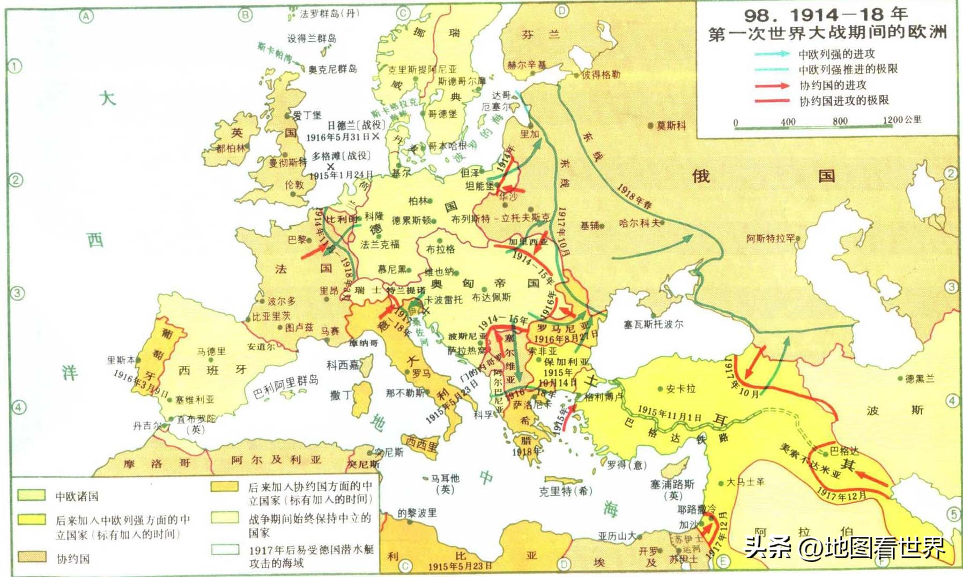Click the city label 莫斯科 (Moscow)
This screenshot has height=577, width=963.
click(x=671, y=126)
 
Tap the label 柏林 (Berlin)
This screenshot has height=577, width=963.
click(x=418, y=201)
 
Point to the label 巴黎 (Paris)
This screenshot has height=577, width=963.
click(x=297, y=239)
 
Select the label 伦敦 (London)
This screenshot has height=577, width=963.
click(x=294, y=185)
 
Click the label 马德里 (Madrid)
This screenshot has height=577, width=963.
click(x=211, y=351)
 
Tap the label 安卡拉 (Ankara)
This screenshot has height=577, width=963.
click(x=680, y=389)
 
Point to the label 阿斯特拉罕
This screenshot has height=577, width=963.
click(x=771, y=238)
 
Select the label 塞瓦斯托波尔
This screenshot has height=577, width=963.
click(x=653, y=324)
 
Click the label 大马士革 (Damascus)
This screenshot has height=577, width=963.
click(x=745, y=482)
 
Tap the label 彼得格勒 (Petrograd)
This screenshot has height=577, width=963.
click(x=601, y=74)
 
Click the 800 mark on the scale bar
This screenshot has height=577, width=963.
click(x=840, y=121)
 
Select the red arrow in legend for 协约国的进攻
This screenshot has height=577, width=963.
click(x=772, y=85)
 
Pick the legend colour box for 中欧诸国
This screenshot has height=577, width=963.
click(x=32, y=495)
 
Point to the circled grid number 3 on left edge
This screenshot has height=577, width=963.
click(x=17, y=294)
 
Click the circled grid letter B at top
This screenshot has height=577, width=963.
click(x=245, y=15)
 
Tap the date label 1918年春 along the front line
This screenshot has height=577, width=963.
click(x=634, y=197)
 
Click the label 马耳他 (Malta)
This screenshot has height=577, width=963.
click(x=445, y=478)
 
